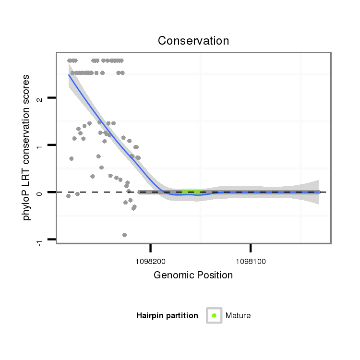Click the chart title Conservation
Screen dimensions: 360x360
click(193, 41)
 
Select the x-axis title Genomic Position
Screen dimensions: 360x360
click(193, 275)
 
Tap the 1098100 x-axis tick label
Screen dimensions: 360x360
click(251, 262)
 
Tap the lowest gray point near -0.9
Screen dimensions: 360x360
click(125, 235)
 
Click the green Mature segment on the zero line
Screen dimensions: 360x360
click(191, 192)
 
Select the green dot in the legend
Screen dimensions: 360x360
click(214, 315)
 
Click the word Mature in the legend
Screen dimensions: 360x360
click(238, 315)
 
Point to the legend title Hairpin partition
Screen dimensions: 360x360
click(167, 315)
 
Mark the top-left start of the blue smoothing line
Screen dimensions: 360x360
click(69, 75)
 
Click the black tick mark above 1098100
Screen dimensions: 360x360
click(251, 248)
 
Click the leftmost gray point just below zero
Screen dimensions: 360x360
click(69, 196)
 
